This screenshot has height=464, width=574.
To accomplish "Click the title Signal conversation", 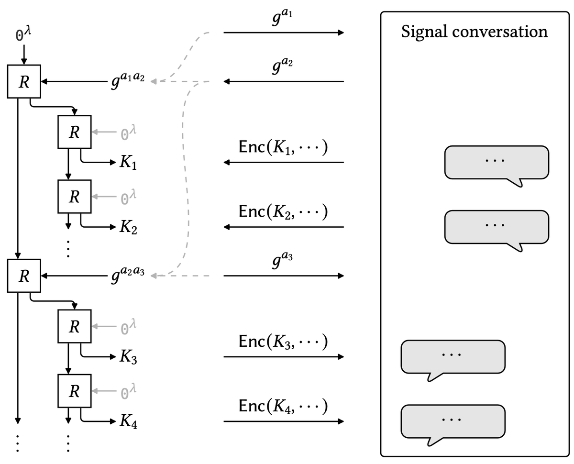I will [474, 32].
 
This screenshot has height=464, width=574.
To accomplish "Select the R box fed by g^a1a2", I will [23, 82].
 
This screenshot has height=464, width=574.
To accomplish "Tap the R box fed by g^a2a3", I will [23, 276].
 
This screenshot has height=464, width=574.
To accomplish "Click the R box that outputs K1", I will [74, 132].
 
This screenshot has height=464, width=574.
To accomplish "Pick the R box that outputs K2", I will [74, 196].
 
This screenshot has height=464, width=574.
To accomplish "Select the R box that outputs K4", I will [74, 391].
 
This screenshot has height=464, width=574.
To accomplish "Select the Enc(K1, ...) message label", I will [283, 147].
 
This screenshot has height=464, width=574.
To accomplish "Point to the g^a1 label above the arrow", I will [284, 19].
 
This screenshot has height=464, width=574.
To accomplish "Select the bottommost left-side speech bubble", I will [453, 422].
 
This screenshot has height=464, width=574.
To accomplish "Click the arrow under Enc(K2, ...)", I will [284, 227].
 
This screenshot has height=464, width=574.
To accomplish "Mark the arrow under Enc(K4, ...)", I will [284, 421].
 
